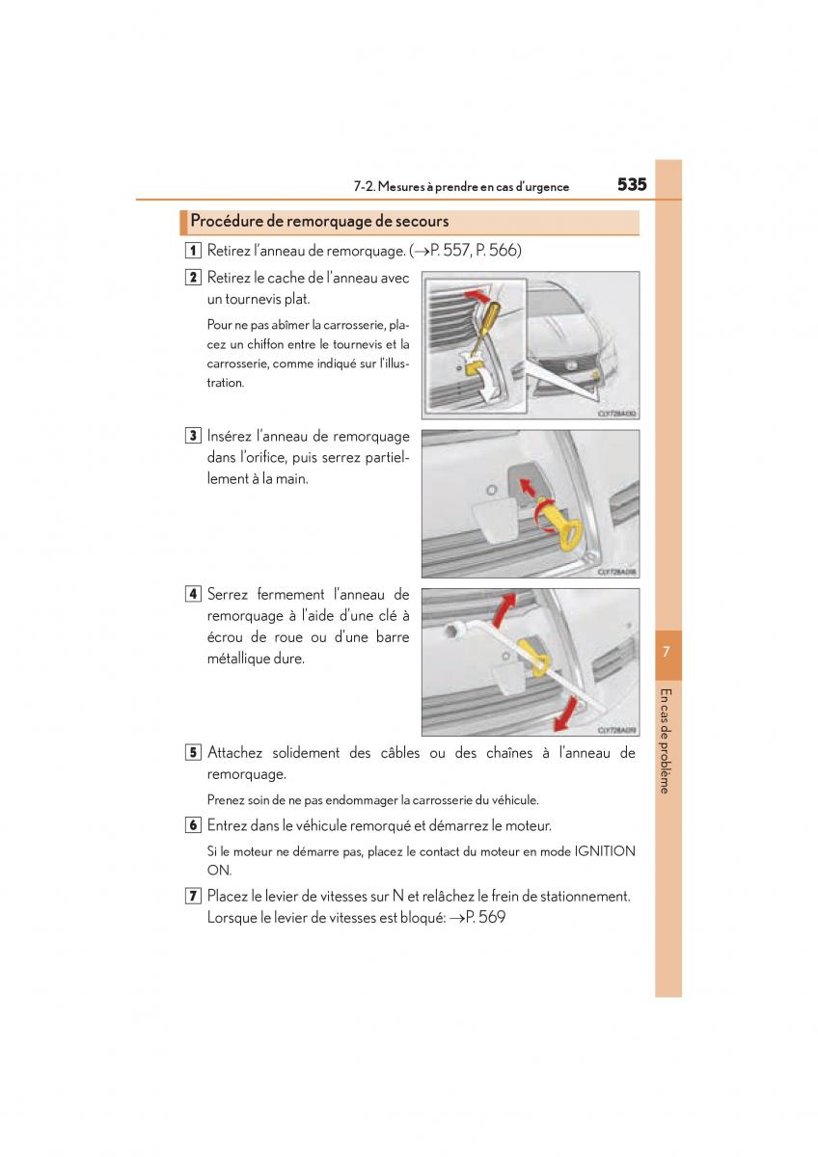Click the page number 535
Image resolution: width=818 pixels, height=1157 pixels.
point(632,185)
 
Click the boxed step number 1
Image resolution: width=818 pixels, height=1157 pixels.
point(194,251)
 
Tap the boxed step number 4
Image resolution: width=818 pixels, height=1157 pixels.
point(194,594)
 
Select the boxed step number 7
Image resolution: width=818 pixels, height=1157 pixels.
point(194,896)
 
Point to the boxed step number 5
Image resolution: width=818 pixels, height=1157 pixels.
point(194,752)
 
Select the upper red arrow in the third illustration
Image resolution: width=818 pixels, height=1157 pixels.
point(504,611)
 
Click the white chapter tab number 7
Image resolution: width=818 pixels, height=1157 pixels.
point(668,653)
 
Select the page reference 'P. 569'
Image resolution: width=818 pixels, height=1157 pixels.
point(484,918)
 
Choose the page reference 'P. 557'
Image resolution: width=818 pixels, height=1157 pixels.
point(448,251)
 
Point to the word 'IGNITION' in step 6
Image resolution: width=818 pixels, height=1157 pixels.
point(605,851)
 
